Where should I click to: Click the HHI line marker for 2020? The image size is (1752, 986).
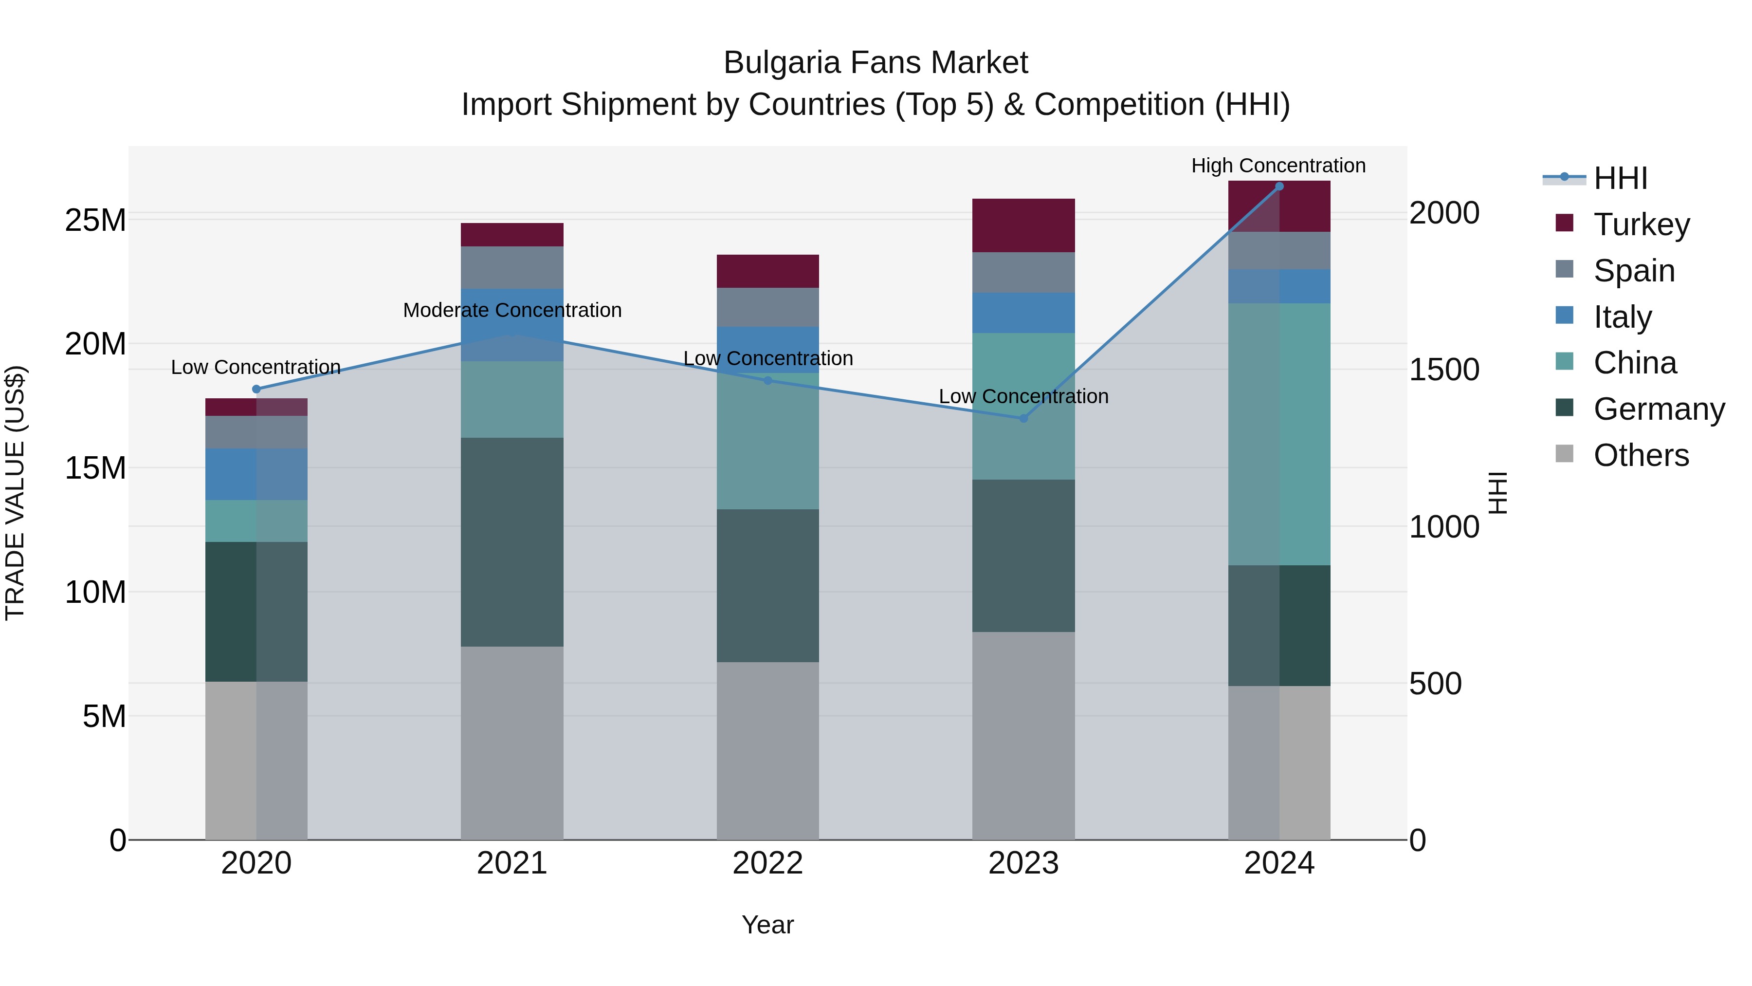click(x=256, y=389)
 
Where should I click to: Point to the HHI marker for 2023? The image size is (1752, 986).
click(x=1023, y=418)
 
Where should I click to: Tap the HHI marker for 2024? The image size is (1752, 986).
click(x=1279, y=186)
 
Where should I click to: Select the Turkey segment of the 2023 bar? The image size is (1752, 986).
click(x=1023, y=225)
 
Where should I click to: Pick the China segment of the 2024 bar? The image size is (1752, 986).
click(x=1279, y=434)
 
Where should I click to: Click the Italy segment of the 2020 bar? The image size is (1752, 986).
click(x=256, y=474)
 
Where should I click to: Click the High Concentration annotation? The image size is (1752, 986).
click(x=1278, y=166)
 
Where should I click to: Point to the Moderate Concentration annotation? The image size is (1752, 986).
click(x=512, y=310)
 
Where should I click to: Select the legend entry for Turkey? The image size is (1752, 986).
click(x=1641, y=224)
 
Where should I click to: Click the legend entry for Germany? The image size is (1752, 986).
click(x=1659, y=409)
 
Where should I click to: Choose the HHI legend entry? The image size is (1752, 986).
click(x=1620, y=178)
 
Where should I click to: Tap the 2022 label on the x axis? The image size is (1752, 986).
click(x=768, y=863)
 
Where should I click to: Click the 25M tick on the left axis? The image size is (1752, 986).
click(x=95, y=221)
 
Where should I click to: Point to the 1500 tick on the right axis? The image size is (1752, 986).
click(x=1444, y=370)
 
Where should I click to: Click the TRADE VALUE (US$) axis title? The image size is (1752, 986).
click(x=15, y=493)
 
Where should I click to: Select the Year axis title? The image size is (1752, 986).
click(x=768, y=925)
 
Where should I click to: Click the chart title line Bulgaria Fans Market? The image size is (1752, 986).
click(x=876, y=63)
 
